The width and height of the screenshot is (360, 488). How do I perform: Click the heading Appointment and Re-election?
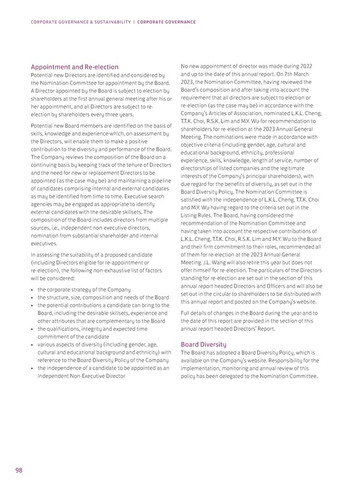pyautogui.click(x=75, y=67)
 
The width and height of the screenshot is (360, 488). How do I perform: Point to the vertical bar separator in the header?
pyautogui.click(x=134, y=22)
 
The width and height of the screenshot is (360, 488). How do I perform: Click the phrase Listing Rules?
pyautogui.click(x=198, y=215)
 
